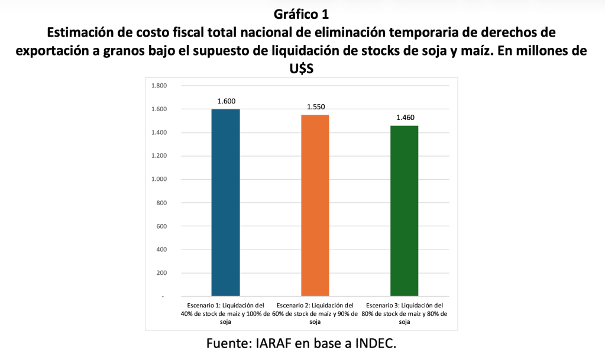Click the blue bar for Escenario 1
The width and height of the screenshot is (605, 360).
coord(225,202)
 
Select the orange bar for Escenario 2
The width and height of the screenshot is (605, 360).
coord(315,205)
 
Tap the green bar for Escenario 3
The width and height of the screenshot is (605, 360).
coord(405,210)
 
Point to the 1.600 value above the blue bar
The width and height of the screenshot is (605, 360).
coord(226,101)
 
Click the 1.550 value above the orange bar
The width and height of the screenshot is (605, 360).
coord(316,107)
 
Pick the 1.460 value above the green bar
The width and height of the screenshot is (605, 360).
coord(405,118)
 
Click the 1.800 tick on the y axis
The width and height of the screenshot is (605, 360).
coord(159,86)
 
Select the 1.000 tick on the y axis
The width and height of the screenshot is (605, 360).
coord(159,179)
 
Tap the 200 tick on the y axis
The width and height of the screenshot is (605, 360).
coord(161,273)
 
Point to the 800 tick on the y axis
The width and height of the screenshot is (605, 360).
coord(161,203)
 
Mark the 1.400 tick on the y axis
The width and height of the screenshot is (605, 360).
coord(159,132)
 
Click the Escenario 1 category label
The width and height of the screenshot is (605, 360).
coord(225,313)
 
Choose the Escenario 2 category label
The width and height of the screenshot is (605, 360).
coord(315,313)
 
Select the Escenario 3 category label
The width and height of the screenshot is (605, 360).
coord(405,313)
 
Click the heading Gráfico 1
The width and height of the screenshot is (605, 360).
coord(302,12)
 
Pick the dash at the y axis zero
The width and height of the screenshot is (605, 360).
coord(163,297)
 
